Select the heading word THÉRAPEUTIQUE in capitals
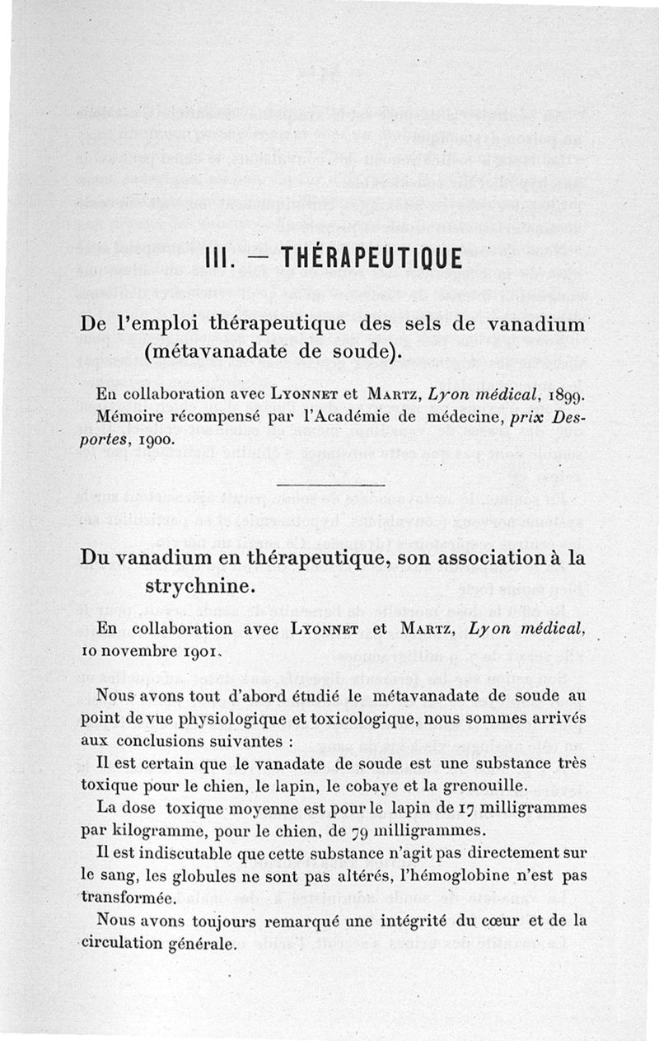click(371, 259)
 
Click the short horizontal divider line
click(329, 485)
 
